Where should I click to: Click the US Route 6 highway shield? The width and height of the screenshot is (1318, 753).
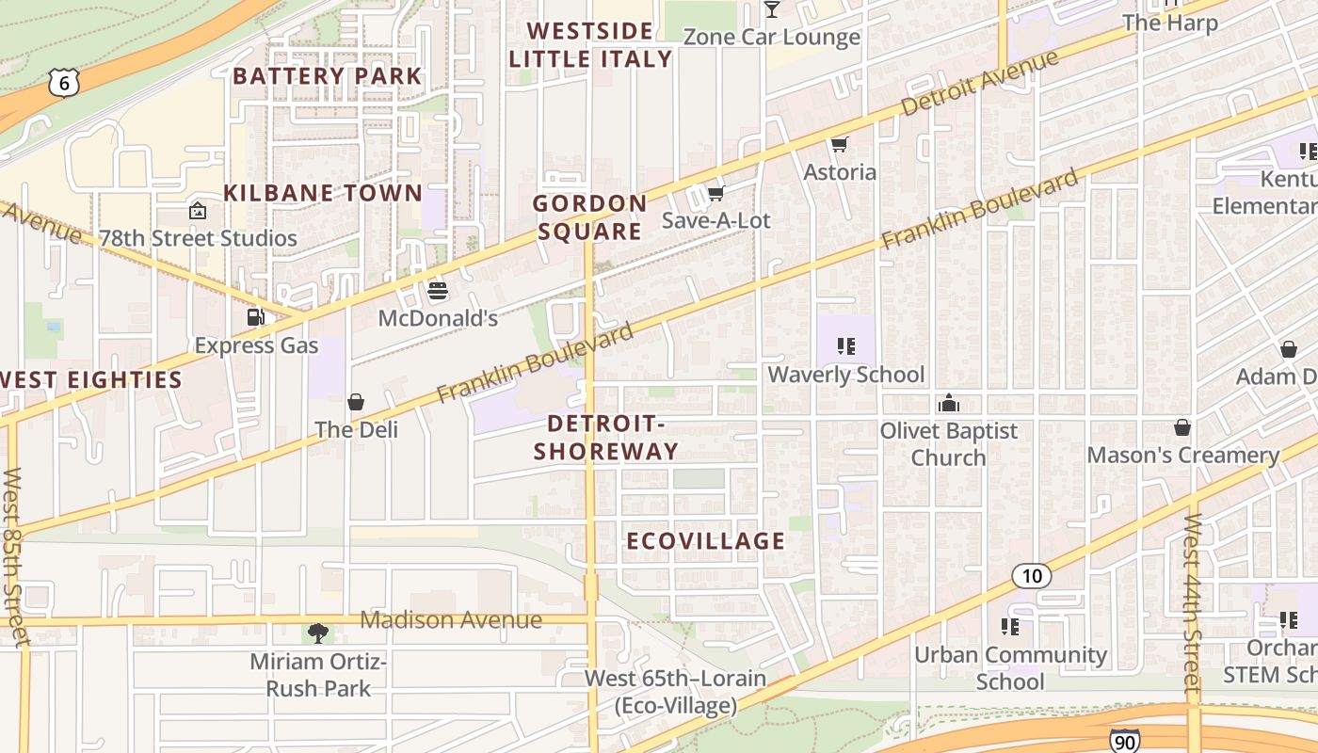click(64, 83)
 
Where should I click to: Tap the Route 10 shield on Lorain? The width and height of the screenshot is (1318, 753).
click(1032, 575)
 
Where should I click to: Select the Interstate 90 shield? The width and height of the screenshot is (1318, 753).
click(1125, 740)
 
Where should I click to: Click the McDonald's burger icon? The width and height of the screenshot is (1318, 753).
click(437, 291)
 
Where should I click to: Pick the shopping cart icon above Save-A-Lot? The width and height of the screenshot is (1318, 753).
click(715, 193)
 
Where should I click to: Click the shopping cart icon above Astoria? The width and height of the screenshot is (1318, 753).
click(839, 144)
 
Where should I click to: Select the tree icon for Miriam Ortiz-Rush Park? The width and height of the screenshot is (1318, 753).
click(318, 633)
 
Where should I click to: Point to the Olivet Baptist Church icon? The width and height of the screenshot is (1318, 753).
click(948, 403)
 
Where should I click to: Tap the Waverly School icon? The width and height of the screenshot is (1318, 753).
click(845, 346)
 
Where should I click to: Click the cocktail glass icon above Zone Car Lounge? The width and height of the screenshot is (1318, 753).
click(772, 9)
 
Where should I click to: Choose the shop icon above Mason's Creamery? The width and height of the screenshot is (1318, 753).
click(1182, 427)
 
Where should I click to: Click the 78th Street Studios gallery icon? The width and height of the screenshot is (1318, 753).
click(198, 210)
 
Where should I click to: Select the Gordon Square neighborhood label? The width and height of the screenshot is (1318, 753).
click(589, 217)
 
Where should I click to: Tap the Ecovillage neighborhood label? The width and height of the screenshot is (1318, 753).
click(705, 541)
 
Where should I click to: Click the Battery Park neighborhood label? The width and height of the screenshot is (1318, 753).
click(328, 76)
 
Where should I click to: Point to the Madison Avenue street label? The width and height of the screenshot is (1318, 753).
click(451, 620)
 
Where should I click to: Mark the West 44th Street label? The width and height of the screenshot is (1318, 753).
click(1193, 607)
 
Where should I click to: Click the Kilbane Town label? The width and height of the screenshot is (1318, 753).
click(323, 194)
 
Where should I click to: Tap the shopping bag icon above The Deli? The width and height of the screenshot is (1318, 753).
click(356, 402)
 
